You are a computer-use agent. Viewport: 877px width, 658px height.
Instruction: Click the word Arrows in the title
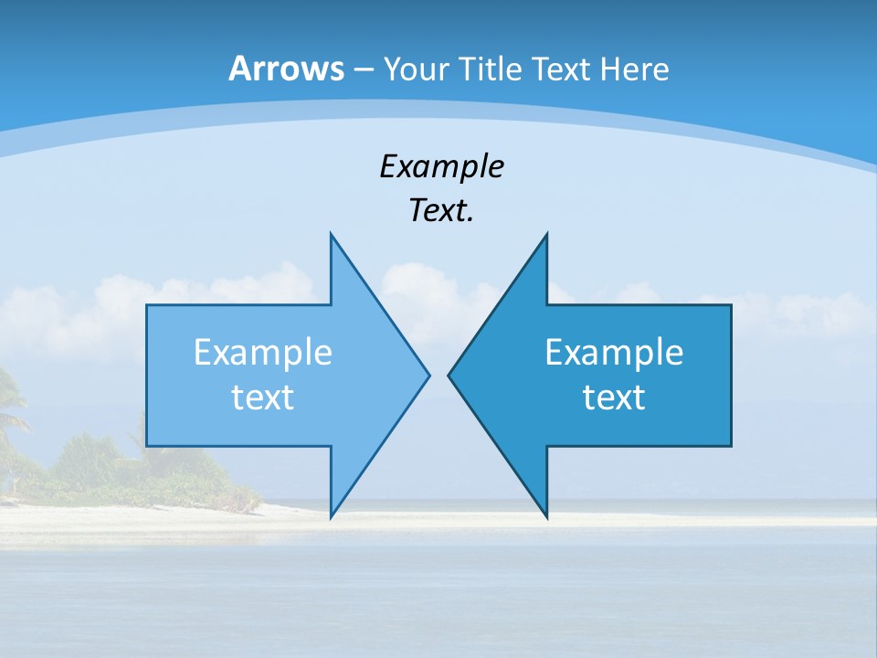pyautogui.click(x=286, y=69)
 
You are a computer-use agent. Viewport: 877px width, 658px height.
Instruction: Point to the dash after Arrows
pyautogui.click(x=363, y=70)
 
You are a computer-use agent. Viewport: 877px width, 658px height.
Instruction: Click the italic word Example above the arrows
pyautogui.click(x=442, y=166)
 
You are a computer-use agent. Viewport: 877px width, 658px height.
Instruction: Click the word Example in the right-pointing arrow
pyautogui.click(x=263, y=353)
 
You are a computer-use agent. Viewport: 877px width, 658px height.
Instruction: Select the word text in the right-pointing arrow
pyautogui.click(x=263, y=398)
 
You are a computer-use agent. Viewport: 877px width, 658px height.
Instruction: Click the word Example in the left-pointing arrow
pyautogui.click(x=614, y=353)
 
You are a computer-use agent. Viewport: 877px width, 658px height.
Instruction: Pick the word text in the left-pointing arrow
pyautogui.click(x=614, y=398)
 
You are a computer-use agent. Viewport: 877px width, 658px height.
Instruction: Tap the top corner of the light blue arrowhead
pyautogui.click(x=332, y=236)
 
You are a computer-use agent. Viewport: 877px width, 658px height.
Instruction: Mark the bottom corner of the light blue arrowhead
pyautogui.click(x=332, y=515)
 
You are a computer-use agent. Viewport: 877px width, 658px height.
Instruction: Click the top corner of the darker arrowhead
pyautogui.click(x=546, y=236)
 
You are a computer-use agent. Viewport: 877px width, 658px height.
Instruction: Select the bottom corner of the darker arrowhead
pyautogui.click(x=546, y=515)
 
